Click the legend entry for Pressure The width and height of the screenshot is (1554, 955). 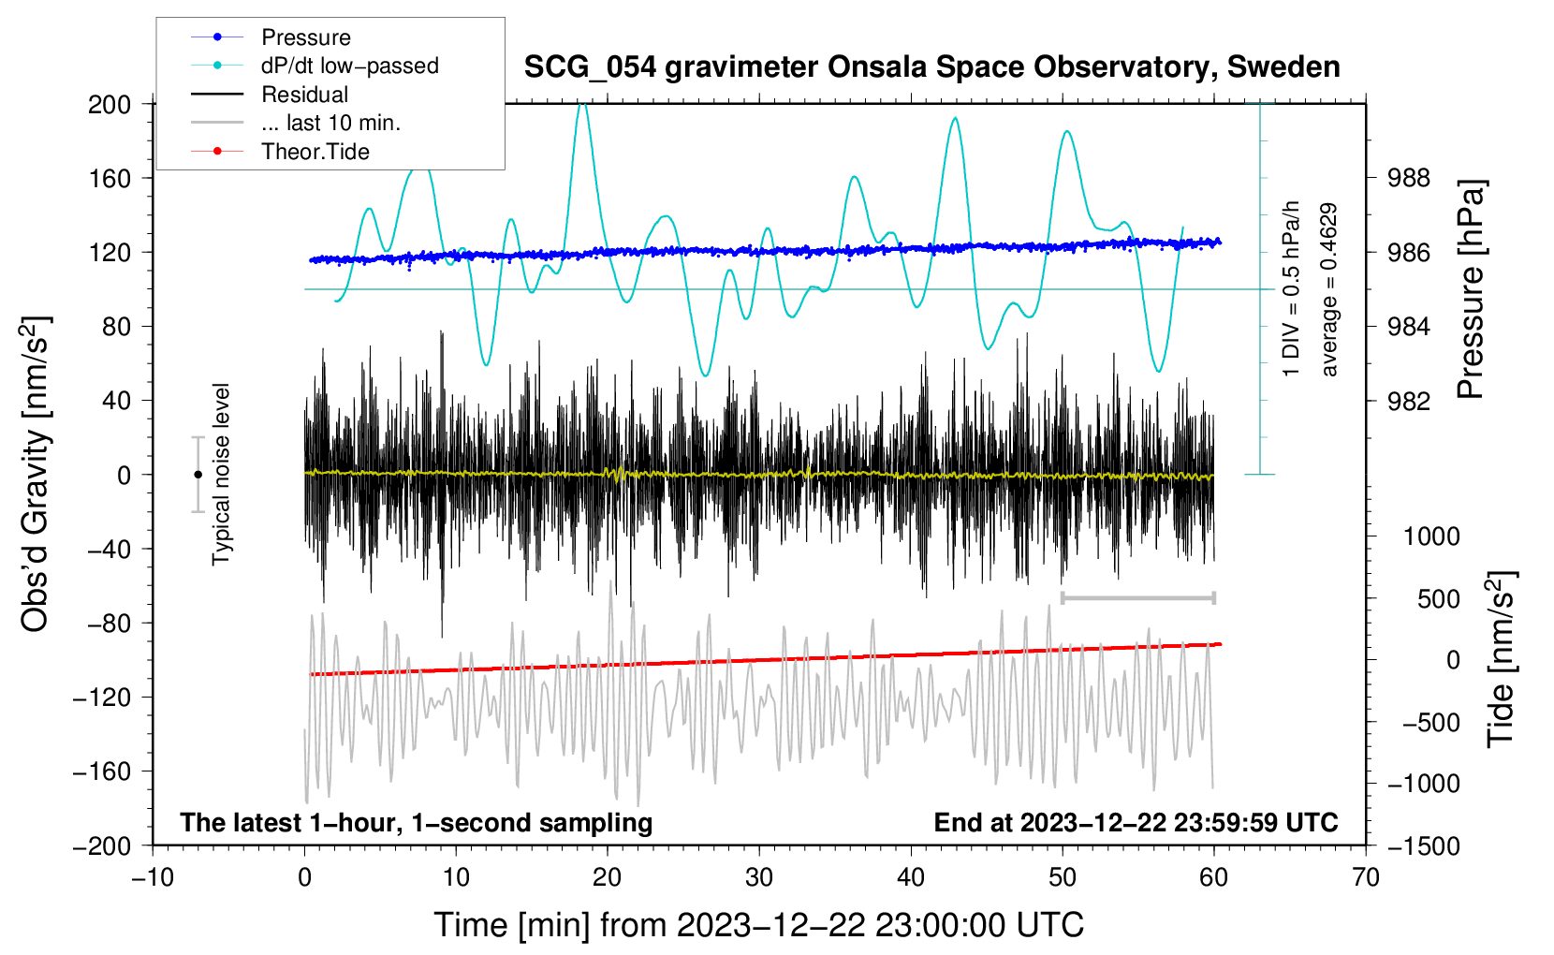click(x=271, y=37)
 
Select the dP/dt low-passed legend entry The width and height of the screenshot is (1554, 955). click(x=315, y=66)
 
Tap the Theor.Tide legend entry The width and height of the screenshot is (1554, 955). click(x=280, y=152)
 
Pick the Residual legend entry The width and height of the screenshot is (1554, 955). click(x=270, y=95)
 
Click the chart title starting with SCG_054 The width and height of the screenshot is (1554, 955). click(x=931, y=67)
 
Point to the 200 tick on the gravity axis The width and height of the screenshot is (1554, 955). click(x=109, y=105)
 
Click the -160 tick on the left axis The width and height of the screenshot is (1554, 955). click(x=102, y=771)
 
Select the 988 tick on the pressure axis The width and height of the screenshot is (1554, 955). click(x=1408, y=179)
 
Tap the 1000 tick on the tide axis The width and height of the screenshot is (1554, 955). click(x=1431, y=536)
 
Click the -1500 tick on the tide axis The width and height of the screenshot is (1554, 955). click(x=1424, y=846)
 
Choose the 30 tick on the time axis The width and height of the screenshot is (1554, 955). click(x=759, y=878)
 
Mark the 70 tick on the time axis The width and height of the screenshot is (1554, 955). click(x=1365, y=878)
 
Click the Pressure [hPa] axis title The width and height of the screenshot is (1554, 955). click(x=1472, y=288)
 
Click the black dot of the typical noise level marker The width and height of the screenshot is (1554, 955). click(x=198, y=475)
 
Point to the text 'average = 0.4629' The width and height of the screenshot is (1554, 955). click(x=1328, y=289)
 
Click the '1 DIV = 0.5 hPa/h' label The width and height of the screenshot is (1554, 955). click(x=1290, y=288)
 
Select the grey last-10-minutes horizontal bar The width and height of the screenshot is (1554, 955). click(x=1137, y=597)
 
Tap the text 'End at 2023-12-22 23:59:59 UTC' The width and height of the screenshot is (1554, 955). click(x=1136, y=822)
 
